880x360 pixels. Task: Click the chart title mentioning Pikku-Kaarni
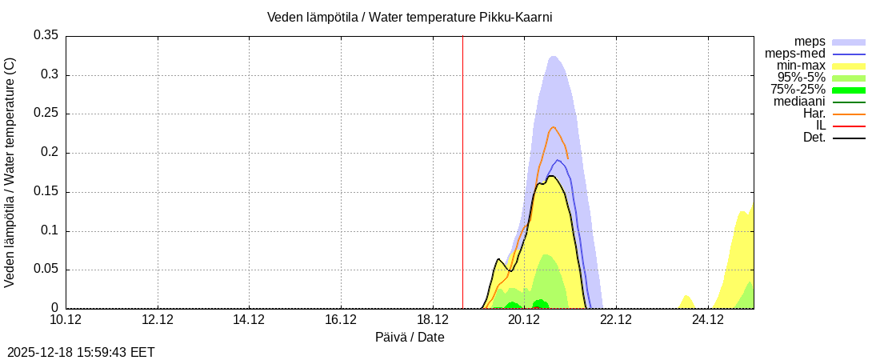pos(410,17)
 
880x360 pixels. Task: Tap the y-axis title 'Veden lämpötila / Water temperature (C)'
pos(10,172)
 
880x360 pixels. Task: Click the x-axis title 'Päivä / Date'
pos(410,338)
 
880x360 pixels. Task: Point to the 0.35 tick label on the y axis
pos(46,35)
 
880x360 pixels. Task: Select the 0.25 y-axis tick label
pos(46,114)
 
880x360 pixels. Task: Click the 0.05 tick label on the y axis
pos(46,270)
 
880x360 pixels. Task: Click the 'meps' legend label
pos(810,41)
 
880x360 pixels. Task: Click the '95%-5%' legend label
pos(801,78)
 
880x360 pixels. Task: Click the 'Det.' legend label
pos(814,138)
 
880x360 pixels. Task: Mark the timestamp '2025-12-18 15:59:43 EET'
pos(81,352)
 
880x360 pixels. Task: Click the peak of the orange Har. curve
pos(553,127)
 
